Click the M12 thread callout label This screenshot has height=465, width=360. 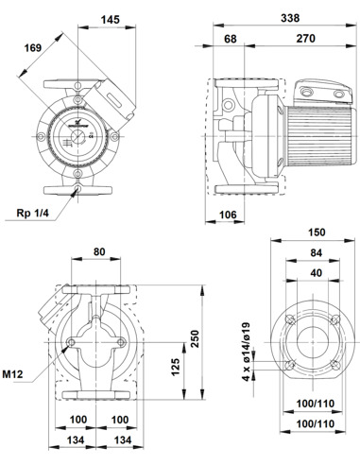click(x=13, y=375)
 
